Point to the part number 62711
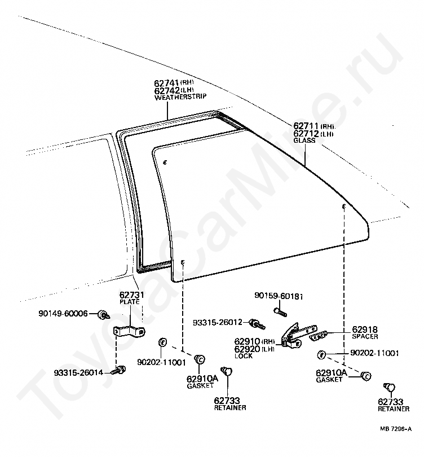click(x=306, y=125)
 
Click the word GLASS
click(x=304, y=140)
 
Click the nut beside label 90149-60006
click(x=103, y=314)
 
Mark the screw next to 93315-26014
click(x=119, y=370)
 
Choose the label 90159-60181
click(x=279, y=295)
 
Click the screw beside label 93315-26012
click(x=258, y=324)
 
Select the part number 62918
click(x=365, y=329)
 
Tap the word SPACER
click(x=365, y=337)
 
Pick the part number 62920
click(x=248, y=349)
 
